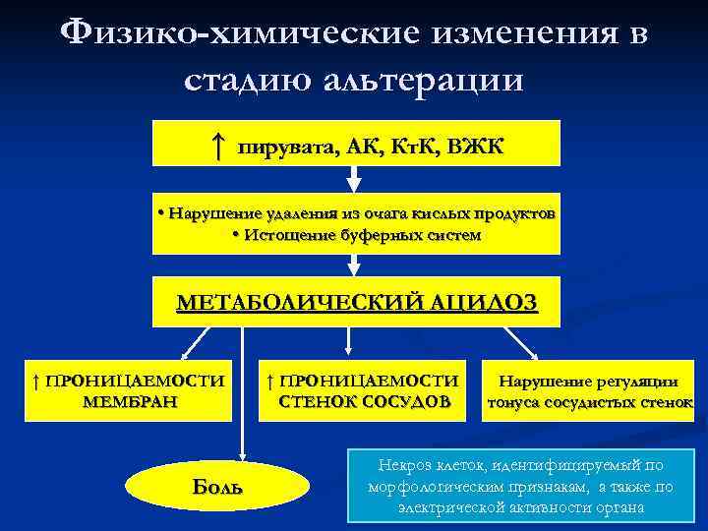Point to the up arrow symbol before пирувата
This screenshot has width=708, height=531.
(x=218, y=147)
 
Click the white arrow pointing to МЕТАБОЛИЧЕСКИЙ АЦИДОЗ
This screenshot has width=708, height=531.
(x=355, y=265)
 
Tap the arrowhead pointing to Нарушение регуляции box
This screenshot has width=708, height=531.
(x=533, y=355)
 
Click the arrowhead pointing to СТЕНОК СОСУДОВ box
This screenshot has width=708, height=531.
(x=347, y=351)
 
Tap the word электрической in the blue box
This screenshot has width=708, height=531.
(x=446, y=507)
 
